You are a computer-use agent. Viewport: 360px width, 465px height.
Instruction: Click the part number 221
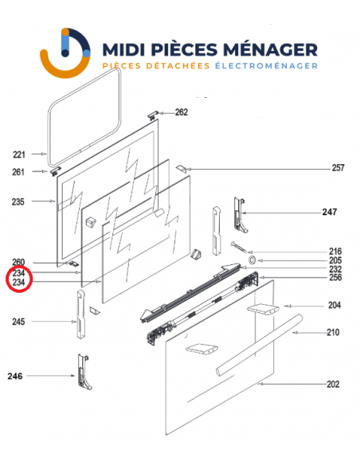pos(19,154)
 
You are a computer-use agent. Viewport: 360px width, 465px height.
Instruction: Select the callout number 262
pos(182,112)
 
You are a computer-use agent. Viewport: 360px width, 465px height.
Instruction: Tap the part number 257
pos(338,168)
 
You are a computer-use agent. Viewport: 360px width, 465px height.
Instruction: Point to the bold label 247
pos(329,213)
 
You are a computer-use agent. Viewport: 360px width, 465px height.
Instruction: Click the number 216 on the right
pos(335,250)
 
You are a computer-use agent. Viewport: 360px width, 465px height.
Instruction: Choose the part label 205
pos(335,260)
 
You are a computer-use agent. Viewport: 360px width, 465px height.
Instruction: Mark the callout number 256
pos(335,278)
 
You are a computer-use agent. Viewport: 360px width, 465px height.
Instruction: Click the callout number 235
pos(19,202)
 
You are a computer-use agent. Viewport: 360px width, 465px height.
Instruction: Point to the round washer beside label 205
pos(252,260)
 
